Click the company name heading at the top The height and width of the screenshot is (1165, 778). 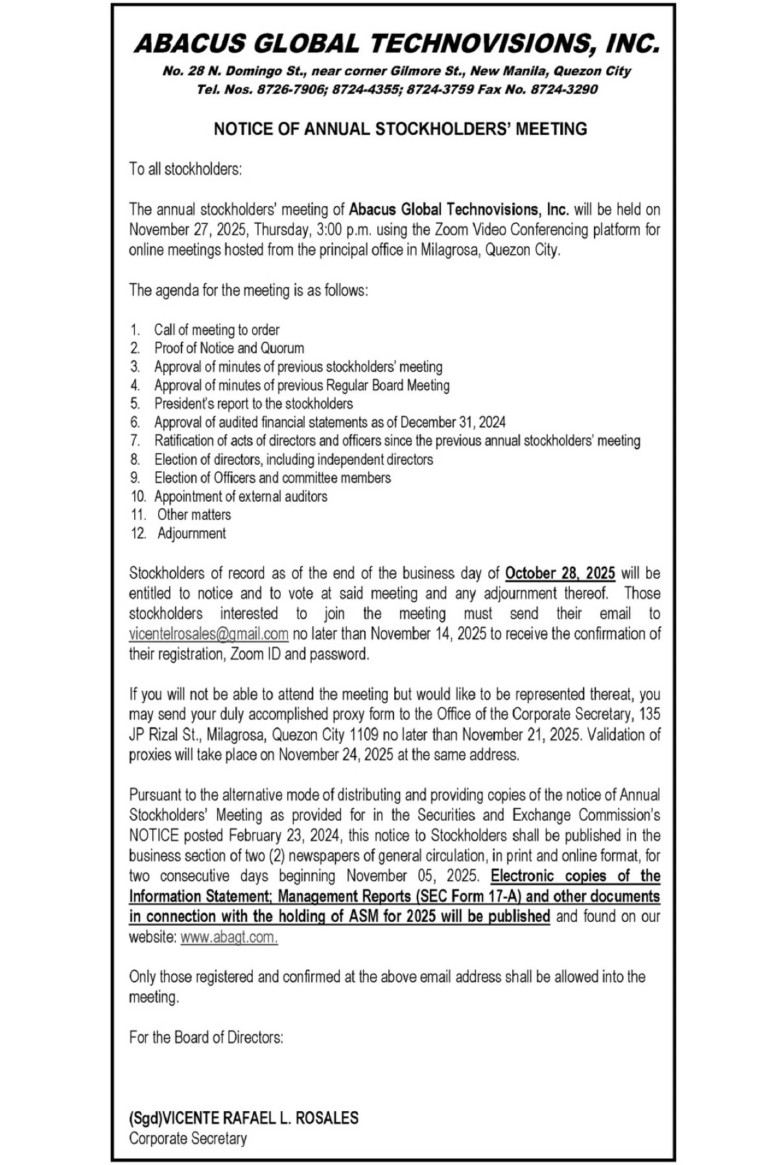pyautogui.click(x=396, y=43)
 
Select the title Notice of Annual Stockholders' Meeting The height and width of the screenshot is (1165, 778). pyautogui.click(x=400, y=129)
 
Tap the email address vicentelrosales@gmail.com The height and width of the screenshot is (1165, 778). pyautogui.click(x=208, y=633)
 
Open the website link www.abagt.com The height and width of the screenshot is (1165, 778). pyautogui.click(x=229, y=937)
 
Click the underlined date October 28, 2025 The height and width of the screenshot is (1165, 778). pyautogui.click(x=560, y=573)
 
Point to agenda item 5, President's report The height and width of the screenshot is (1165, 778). pyautogui.click(x=253, y=403)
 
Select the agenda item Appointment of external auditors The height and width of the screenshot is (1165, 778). pyautogui.click(x=241, y=497)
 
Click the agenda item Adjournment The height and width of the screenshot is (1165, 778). pyautogui.click(x=191, y=534)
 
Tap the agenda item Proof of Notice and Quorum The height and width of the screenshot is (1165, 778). pyautogui.click(x=229, y=348)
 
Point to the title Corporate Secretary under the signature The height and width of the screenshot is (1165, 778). pyautogui.click(x=187, y=1138)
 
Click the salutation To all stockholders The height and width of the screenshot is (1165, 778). pyautogui.click(x=185, y=169)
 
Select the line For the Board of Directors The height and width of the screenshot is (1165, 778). pyautogui.click(x=206, y=1037)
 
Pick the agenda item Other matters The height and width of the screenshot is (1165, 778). pyautogui.click(x=194, y=515)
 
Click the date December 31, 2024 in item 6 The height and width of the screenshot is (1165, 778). pyautogui.click(x=453, y=422)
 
